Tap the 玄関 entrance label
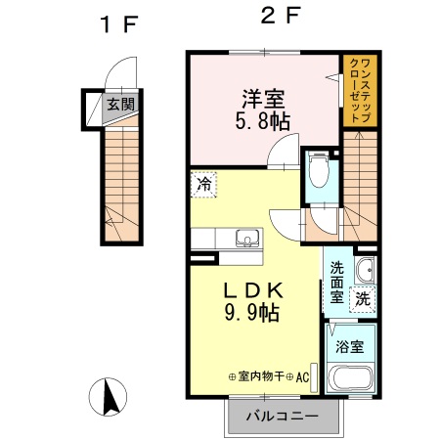tap(120, 105)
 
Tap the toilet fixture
tap(318, 173)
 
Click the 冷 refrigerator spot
tap(205, 183)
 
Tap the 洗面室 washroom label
tap(336, 282)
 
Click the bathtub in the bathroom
tap(351, 379)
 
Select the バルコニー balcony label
tap(281, 416)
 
